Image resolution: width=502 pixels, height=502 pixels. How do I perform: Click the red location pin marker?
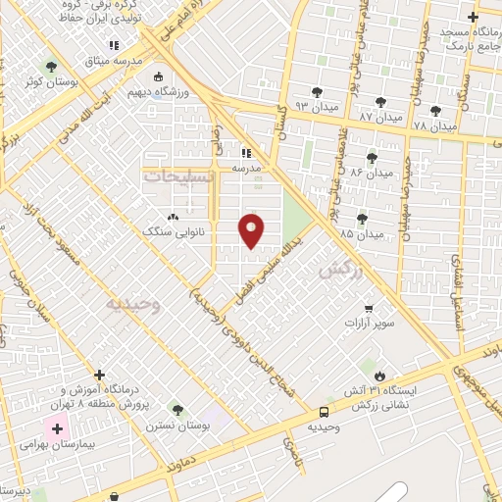tap(253, 230)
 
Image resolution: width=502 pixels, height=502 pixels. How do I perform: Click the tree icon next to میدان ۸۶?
tap(372, 157)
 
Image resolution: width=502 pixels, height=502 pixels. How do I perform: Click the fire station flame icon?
tap(380, 375)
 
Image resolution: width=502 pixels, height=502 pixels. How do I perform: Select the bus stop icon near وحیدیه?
tap(324, 412)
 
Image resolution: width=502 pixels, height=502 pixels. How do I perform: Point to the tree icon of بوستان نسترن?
tap(176, 410)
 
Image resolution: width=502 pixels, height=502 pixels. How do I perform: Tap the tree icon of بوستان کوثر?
tap(51, 68)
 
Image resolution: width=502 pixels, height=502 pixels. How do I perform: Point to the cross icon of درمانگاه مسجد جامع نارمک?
tap(474, 17)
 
